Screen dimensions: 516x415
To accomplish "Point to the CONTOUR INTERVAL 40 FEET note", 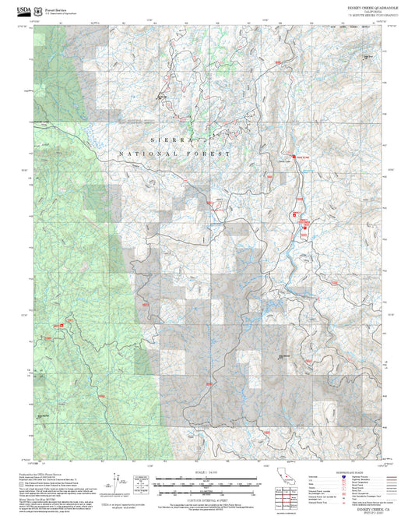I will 206,497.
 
